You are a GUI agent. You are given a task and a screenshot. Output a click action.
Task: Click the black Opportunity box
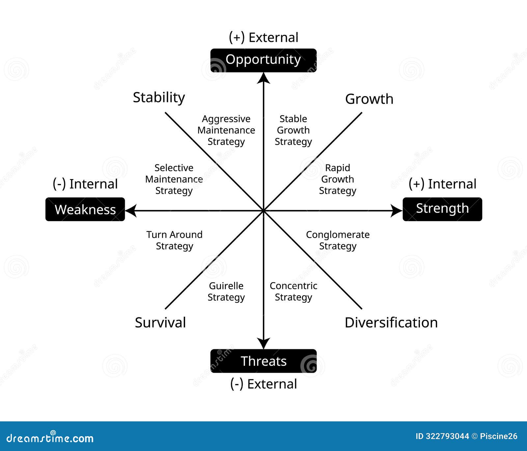[x=263, y=60]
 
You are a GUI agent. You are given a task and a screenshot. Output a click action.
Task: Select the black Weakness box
[x=85, y=209]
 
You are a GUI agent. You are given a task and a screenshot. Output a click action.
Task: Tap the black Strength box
[x=442, y=209]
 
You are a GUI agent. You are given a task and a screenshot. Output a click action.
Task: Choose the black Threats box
[x=263, y=361]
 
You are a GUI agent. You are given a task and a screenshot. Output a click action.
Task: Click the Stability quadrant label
[x=159, y=97]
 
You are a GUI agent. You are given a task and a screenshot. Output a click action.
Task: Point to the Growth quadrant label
[x=369, y=99]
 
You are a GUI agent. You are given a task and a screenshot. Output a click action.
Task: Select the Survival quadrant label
[x=160, y=322]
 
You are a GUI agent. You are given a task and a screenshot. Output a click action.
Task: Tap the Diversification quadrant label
[x=391, y=322]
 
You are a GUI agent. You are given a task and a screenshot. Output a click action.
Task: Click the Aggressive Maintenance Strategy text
[x=226, y=130]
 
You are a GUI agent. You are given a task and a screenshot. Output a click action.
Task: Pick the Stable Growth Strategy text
[x=293, y=130]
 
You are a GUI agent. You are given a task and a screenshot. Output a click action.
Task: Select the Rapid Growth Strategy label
[x=337, y=179]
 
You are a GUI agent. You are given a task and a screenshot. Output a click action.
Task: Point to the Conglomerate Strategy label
[x=338, y=240]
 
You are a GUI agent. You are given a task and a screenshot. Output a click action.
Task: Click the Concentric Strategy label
[x=293, y=291]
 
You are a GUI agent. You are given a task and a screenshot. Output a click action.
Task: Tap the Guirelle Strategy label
[x=226, y=291]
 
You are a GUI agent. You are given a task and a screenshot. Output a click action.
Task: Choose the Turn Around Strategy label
[x=174, y=240]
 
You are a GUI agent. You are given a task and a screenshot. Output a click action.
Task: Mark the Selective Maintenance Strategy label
[x=174, y=179]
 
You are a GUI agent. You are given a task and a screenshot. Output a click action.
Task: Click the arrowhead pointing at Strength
[x=396, y=211]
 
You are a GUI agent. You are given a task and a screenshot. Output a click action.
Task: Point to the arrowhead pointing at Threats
[x=263, y=343]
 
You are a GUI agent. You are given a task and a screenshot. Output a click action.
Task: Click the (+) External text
[x=263, y=38]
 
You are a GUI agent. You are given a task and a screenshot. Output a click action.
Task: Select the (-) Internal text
[x=85, y=184]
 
